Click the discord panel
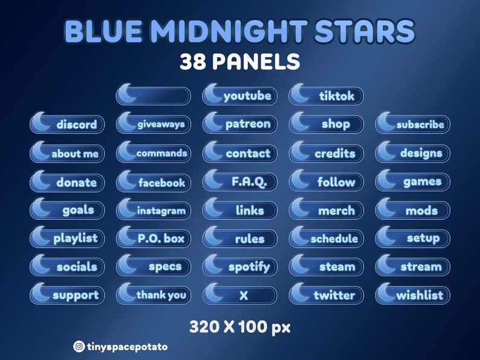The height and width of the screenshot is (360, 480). click(x=67, y=124)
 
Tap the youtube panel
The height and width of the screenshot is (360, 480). click(x=240, y=95)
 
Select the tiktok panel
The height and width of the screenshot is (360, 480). click(x=326, y=95)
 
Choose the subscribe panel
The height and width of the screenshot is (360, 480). click(x=413, y=124)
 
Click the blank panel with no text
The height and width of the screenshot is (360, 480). click(x=154, y=95)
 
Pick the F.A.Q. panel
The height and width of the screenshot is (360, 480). click(x=240, y=181)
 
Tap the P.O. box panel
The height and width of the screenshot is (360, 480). click(x=154, y=239)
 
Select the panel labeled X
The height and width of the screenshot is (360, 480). click(x=240, y=295)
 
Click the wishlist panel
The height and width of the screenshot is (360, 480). click(x=413, y=295)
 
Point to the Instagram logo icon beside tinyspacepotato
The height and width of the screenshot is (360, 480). click(x=79, y=347)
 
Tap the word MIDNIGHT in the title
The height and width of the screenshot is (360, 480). click(x=242, y=31)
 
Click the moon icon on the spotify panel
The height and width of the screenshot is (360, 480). click(x=214, y=265)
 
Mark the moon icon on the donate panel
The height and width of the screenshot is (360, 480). click(x=41, y=180)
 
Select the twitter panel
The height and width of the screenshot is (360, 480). click(x=326, y=295)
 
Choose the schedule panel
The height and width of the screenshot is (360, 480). click(x=326, y=239)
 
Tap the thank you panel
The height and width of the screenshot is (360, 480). click(x=154, y=295)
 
